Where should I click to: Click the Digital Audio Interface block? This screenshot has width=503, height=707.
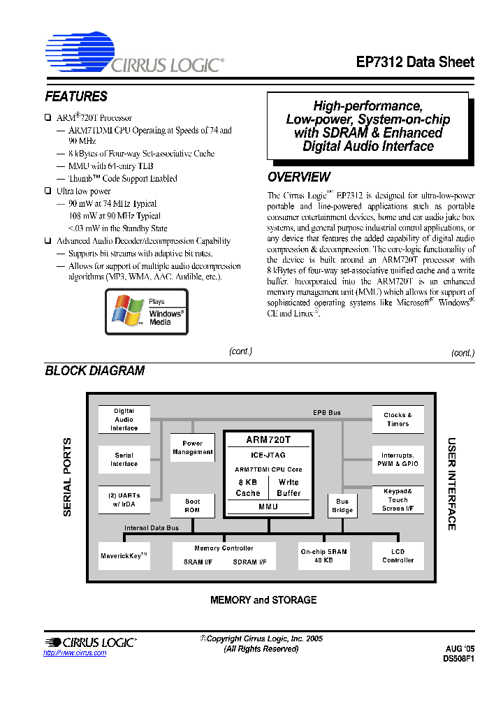pos(124,419)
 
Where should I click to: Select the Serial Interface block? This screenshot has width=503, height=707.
pos(124,460)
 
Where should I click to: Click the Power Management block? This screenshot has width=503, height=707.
pos(192,447)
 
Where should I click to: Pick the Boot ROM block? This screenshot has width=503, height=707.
pos(192,505)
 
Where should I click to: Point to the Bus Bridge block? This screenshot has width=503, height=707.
pos(342,505)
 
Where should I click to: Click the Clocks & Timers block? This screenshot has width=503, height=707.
pos(398,419)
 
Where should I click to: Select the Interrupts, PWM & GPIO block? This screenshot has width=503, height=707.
pos(398,460)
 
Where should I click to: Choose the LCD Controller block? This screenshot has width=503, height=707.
pos(398,555)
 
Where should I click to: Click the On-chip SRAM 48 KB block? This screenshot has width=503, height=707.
pos(323,555)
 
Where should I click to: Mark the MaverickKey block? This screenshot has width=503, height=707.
pos(124,556)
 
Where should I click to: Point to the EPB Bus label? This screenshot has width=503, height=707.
pos(326,413)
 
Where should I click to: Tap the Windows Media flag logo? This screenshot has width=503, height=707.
pos(126,311)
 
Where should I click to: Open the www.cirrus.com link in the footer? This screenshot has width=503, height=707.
pos(75,653)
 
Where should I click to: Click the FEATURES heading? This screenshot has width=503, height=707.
pos(76,96)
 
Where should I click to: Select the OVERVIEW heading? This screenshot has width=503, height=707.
pos(299,177)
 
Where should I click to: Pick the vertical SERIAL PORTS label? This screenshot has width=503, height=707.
pos(68,476)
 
